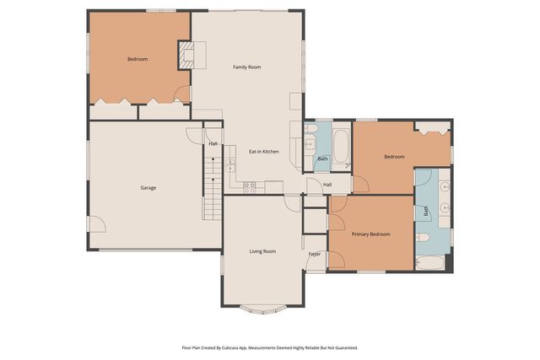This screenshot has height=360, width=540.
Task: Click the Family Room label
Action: click(x=246, y=67)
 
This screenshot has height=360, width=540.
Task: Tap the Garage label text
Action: click(x=148, y=187)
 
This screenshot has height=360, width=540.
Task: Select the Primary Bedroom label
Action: click(x=370, y=234)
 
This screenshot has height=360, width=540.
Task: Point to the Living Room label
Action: click(x=262, y=251)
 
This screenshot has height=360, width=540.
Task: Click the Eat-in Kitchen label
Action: click(x=263, y=152)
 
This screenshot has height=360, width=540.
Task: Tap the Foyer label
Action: click(x=314, y=253)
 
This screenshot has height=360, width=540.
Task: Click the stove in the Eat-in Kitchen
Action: click(x=250, y=185)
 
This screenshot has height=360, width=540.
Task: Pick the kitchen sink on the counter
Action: click(x=229, y=164)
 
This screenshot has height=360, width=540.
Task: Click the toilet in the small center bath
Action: click(x=310, y=130)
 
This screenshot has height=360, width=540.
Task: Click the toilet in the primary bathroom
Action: click(x=424, y=237)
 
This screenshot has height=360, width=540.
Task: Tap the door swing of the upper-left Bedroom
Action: click(x=181, y=95)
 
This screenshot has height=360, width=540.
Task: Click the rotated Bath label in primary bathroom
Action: click(x=426, y=212)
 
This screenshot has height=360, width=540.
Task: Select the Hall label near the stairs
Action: click(x=213, y=144)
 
